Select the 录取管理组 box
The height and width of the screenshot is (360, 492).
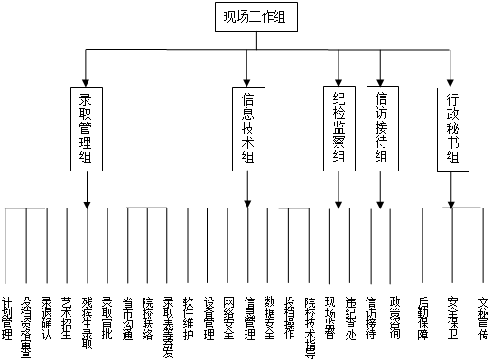pos(87,128)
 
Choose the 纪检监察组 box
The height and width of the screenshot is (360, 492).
pos(339,128)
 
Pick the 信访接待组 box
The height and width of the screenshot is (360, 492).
pos(380,128)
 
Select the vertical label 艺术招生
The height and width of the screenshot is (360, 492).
pos(66,317)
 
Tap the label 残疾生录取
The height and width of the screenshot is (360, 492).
pos(87,321)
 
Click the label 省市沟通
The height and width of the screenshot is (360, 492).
pos(127,317)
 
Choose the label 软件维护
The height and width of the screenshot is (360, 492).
pos(188,317)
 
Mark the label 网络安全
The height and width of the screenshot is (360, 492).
pos(228,317)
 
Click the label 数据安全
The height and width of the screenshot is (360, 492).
pos(269,317)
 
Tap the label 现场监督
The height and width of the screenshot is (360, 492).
pos(330,317)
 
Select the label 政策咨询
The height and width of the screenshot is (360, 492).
pos(394,317)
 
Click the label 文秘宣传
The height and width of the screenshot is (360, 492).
pos(483,317)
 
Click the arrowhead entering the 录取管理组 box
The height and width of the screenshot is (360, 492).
pos(87,80)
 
